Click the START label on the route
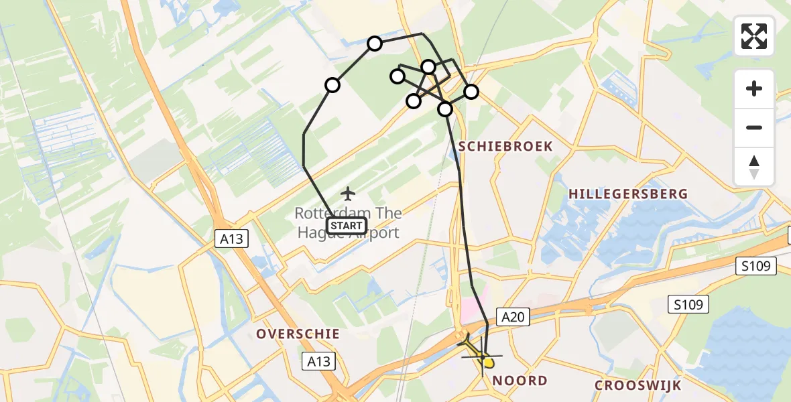(347, 226)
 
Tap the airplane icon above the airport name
(347, 194)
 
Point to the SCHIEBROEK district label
(505, 146)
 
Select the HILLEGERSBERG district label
(628, 194)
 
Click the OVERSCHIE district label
(298, 334)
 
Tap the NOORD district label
(520, 381)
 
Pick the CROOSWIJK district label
(637, 385)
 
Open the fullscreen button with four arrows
(754, 36)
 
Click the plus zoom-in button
(754, 88)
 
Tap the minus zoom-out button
(754, 127)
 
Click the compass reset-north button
(754, 167)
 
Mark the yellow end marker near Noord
(488, 363)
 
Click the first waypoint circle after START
(332, 85)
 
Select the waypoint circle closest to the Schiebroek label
(445, 109)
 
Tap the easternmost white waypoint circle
(471, 92)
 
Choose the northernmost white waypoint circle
(375, 44)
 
